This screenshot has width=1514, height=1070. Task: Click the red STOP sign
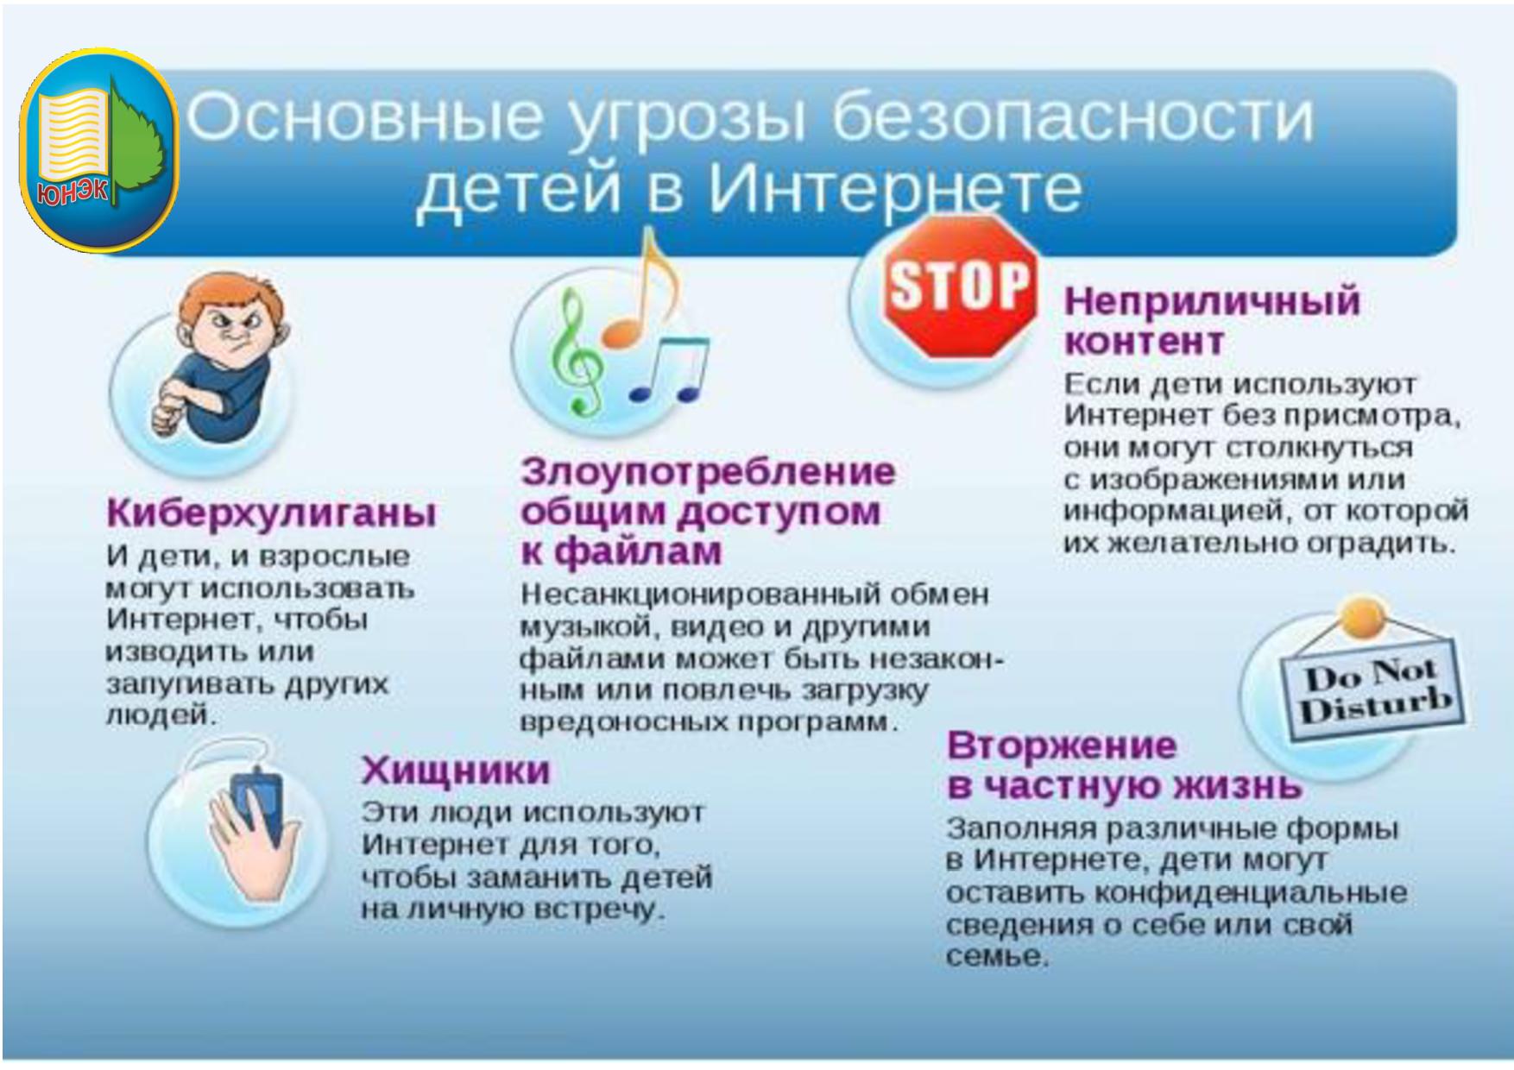[x=960, y=286]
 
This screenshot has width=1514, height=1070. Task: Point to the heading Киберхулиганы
[x=271, y=513]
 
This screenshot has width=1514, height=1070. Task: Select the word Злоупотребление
[x=708, y=472]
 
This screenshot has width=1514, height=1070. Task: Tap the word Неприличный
[x=1212, y=302]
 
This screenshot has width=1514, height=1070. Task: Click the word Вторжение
[x=1062, y=745]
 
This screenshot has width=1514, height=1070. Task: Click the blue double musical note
[x=670, y=369]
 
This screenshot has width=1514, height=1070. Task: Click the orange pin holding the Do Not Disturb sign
[x=1361, y=614]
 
